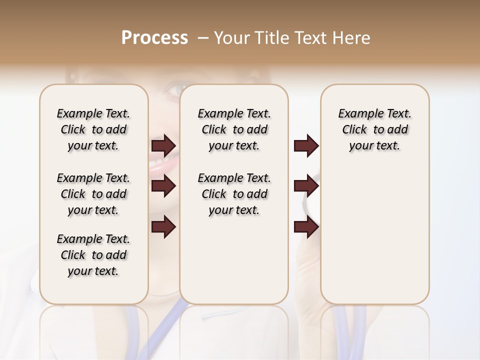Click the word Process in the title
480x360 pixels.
click(x=154, y=38)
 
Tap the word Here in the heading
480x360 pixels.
click(x=351, y=38)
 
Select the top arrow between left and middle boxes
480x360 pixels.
click(x=163, y=146)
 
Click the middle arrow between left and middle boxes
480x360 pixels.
click(x=163, y=186)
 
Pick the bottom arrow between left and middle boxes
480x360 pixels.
click(x=163, y=227)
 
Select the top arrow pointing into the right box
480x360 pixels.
click(x=306, y=146)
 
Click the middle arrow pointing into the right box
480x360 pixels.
click(x=306, y=186)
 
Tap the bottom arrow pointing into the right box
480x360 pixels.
click(x=306, y=227)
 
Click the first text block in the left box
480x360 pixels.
click(x=93, y=129)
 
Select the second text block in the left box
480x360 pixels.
click(x=93, y=194)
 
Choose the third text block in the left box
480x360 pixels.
click(x=93, y=255)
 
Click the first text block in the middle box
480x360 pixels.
click(x=234, y=129)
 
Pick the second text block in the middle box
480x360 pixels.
click(x=234, y=194)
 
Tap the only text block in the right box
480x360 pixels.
click(x=375, y=129)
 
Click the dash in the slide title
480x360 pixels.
click(x=203, y=38)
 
